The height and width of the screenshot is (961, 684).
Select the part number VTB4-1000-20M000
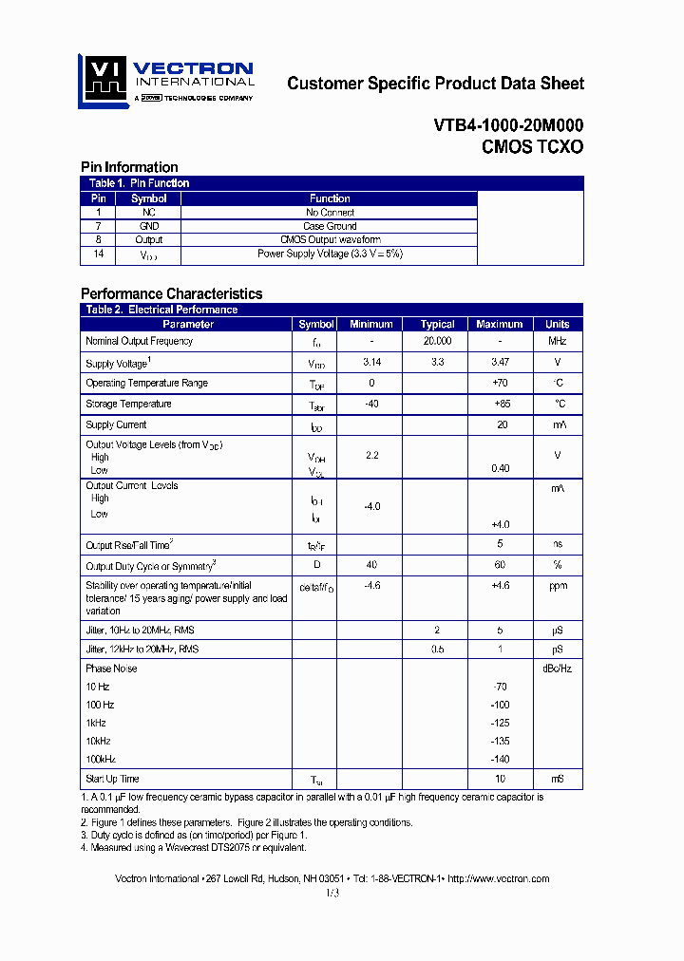pos(508,125)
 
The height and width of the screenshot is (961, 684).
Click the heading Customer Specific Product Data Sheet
pos(435,84)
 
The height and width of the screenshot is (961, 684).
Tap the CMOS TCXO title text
pos(532,147)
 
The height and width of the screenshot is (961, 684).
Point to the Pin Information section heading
pos(129,167)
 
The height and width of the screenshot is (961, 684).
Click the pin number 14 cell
pos(97,254)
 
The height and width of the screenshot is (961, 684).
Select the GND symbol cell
pos(148,227)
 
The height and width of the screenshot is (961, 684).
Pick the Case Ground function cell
pos(330,227)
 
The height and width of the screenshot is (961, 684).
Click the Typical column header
pos(437,325)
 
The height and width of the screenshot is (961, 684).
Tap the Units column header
pos(558,325)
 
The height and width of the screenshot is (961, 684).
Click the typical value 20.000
pos(437,341)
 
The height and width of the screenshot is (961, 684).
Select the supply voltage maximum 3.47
pos(501,363)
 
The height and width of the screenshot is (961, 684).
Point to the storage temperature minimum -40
pos(371,405)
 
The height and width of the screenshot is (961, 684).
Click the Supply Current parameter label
pos(116,425)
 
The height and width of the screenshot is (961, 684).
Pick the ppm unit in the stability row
pos(558,587)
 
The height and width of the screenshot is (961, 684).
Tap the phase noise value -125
pos(501,723)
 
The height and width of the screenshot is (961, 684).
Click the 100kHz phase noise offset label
pos(101,759)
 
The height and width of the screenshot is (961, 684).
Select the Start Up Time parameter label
pos(112,780)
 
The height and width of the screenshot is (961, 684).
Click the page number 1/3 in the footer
pos(332,894)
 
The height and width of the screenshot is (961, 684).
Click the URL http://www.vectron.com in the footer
pos(498,879)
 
